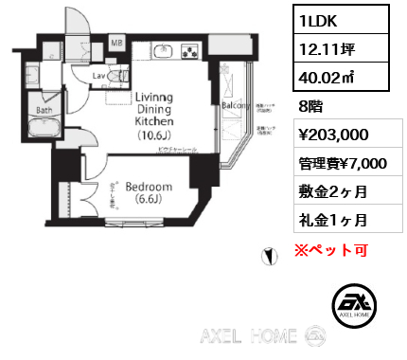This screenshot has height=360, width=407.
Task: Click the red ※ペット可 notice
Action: (x=328, y=251)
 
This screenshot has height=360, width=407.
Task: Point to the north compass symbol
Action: (x=269, y=256)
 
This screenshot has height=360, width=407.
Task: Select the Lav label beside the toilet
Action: (x=97, y=76)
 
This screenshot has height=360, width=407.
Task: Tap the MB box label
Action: (x=117, y=43)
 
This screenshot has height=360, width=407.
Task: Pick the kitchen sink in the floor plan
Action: (x=161, y=51)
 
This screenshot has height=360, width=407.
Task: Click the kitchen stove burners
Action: (x=189, y=51)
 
